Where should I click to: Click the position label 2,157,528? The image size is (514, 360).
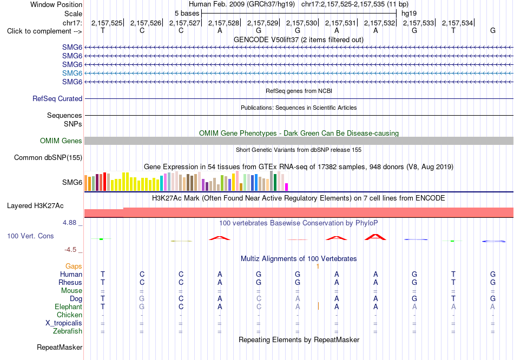tap(223, 23)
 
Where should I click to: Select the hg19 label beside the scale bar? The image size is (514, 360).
tap(409, 14)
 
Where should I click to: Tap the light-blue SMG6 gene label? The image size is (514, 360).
tap(72, 73)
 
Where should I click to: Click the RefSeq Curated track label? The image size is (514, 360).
tap(57, 98)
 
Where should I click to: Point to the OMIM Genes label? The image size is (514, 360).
tap(61, 141)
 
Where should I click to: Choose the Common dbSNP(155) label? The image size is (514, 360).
tap(48, 157)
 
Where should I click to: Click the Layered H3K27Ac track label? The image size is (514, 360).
tap(35, 206)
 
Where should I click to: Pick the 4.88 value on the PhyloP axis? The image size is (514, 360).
tap(69, 223)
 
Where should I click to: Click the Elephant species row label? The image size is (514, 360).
tap(68, 306)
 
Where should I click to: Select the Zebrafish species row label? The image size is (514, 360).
tap(68, 331)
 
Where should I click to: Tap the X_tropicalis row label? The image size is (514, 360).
tap(64, 323)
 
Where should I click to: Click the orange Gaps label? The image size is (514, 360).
tap(74, 266)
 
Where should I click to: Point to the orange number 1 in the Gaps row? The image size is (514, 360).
tap(318, 266)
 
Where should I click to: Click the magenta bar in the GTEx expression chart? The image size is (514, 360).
tap(287, 187)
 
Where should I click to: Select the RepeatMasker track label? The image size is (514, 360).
tap(60, 347)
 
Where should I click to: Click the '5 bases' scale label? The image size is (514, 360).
tap(187, 14)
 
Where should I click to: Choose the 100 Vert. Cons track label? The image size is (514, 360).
tap(30, 236)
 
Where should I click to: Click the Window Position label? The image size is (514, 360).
tap(56, 4)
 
